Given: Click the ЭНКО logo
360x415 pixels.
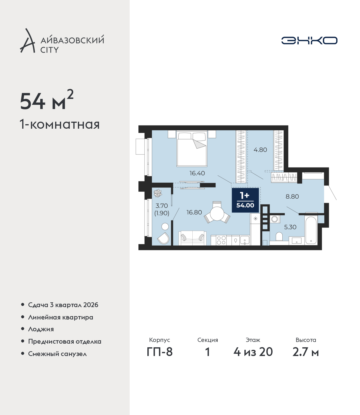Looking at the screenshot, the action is (x=309, y=40).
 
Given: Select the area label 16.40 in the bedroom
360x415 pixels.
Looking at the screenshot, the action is (x=197, y=173).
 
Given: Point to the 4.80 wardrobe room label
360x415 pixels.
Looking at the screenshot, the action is (x=260, y=149).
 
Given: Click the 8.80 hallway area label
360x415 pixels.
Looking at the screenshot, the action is (x=292, y=196).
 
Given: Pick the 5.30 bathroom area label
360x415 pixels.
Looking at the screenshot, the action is (x=290, y=227).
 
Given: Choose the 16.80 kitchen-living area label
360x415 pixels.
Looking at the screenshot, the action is (x=194, y=212).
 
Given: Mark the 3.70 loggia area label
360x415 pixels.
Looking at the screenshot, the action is (x=162, y=206).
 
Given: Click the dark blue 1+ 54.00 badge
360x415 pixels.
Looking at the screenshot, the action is (x=245, y=200).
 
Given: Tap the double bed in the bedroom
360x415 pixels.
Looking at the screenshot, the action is (x=192, y=149).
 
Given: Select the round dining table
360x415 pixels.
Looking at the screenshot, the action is (x=217, y=214).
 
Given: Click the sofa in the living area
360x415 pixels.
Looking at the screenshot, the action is (x=193, y=238).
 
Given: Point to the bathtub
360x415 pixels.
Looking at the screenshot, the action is (x=311, y=230).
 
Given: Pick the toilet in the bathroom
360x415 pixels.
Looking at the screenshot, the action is (x=279, y=237).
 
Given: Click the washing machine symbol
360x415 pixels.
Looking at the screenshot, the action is (x=274, y=219).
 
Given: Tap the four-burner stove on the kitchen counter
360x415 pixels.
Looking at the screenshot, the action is (x=221, y=240).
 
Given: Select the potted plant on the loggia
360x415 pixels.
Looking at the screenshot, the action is (x=157, y=193).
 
